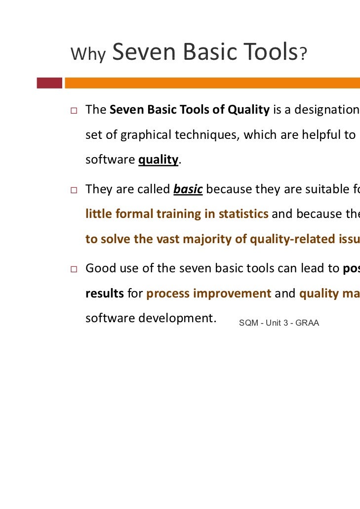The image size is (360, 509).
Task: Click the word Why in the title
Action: click(88, 54)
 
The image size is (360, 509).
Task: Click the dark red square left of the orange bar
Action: click(49, 83)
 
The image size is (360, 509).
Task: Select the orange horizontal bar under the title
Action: click(212, 83)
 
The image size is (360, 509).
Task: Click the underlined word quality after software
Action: click(158, 160)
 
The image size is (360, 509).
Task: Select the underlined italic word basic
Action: click(188, 189)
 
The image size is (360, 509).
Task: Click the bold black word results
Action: click(105, 294)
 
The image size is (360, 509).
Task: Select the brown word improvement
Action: click(232, 294)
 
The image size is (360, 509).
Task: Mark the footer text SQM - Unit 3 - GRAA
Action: click(279, 323)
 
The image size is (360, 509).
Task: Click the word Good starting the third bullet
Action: click(100, 269)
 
